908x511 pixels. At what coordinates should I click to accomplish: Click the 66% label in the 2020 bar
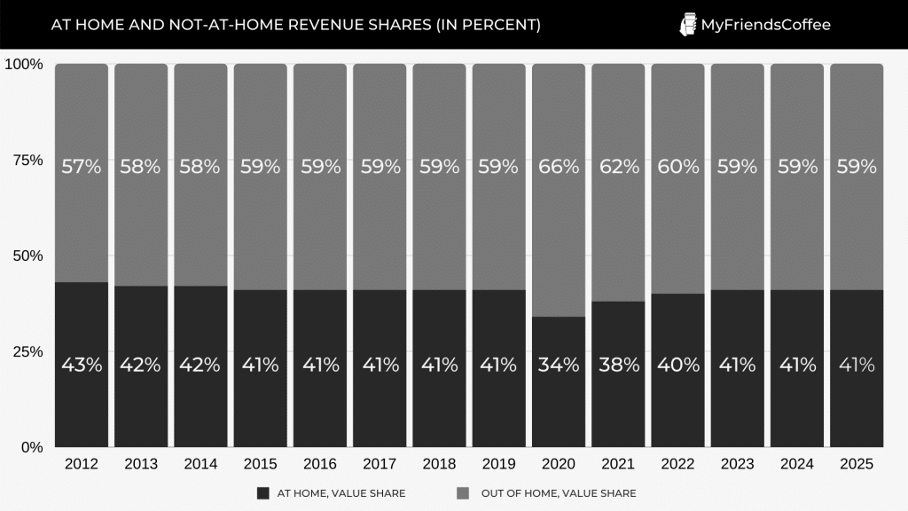point(559,166)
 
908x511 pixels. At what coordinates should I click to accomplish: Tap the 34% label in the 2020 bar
point(559,365)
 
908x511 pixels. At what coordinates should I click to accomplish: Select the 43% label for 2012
point(81,365)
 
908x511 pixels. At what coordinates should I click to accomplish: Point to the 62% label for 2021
point(618,166)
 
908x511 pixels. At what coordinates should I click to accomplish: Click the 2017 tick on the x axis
point(380,464)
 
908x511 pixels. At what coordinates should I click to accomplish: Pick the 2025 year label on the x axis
point(857,464)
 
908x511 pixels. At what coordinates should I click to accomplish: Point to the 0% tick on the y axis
point(31,447)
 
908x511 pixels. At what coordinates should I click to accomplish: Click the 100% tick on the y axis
point(24,64)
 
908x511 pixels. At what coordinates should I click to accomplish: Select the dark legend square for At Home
point(262,493)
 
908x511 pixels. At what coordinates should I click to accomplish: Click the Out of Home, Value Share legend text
point(559,493)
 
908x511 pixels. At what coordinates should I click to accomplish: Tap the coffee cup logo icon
point(687,25)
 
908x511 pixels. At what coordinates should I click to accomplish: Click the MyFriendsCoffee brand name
point(766,25)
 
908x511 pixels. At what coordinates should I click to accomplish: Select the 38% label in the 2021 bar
point(618,365)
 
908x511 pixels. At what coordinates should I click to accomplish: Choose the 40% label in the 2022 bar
point(677,365)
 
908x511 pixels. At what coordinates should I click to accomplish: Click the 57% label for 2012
point(81,166)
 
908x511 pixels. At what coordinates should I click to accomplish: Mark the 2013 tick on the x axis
point(141,464)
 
